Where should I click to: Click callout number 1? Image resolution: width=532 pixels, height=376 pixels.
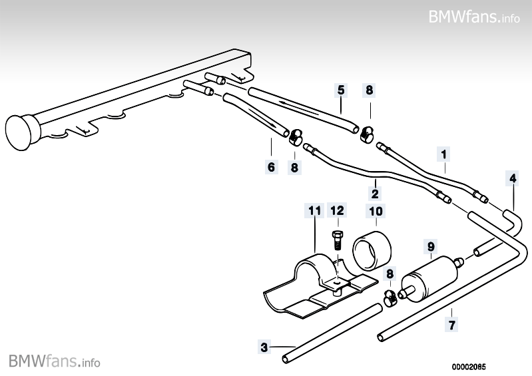click(x=443, y=154)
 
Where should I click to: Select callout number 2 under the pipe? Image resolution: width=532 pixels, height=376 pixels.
click(x=375, y=194)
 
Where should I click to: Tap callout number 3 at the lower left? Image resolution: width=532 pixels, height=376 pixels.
click(x=264, y=347)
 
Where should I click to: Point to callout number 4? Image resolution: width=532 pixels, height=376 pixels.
click(x=512, y=178)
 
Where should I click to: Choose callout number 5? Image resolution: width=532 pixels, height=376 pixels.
click(x=340, y=90)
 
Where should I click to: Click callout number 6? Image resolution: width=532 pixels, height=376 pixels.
click(x=271, y=167)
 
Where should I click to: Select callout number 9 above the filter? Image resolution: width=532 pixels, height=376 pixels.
click(x=431, y=246)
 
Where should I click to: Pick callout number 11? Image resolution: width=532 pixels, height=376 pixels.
click(x=314, y=211)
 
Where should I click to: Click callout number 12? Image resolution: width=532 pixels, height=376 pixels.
click(x=338, y=211)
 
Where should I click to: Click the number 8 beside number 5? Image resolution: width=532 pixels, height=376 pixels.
click(x=369, y=90)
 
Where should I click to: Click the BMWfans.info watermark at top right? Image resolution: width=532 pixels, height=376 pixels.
click(x=474, y=16)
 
